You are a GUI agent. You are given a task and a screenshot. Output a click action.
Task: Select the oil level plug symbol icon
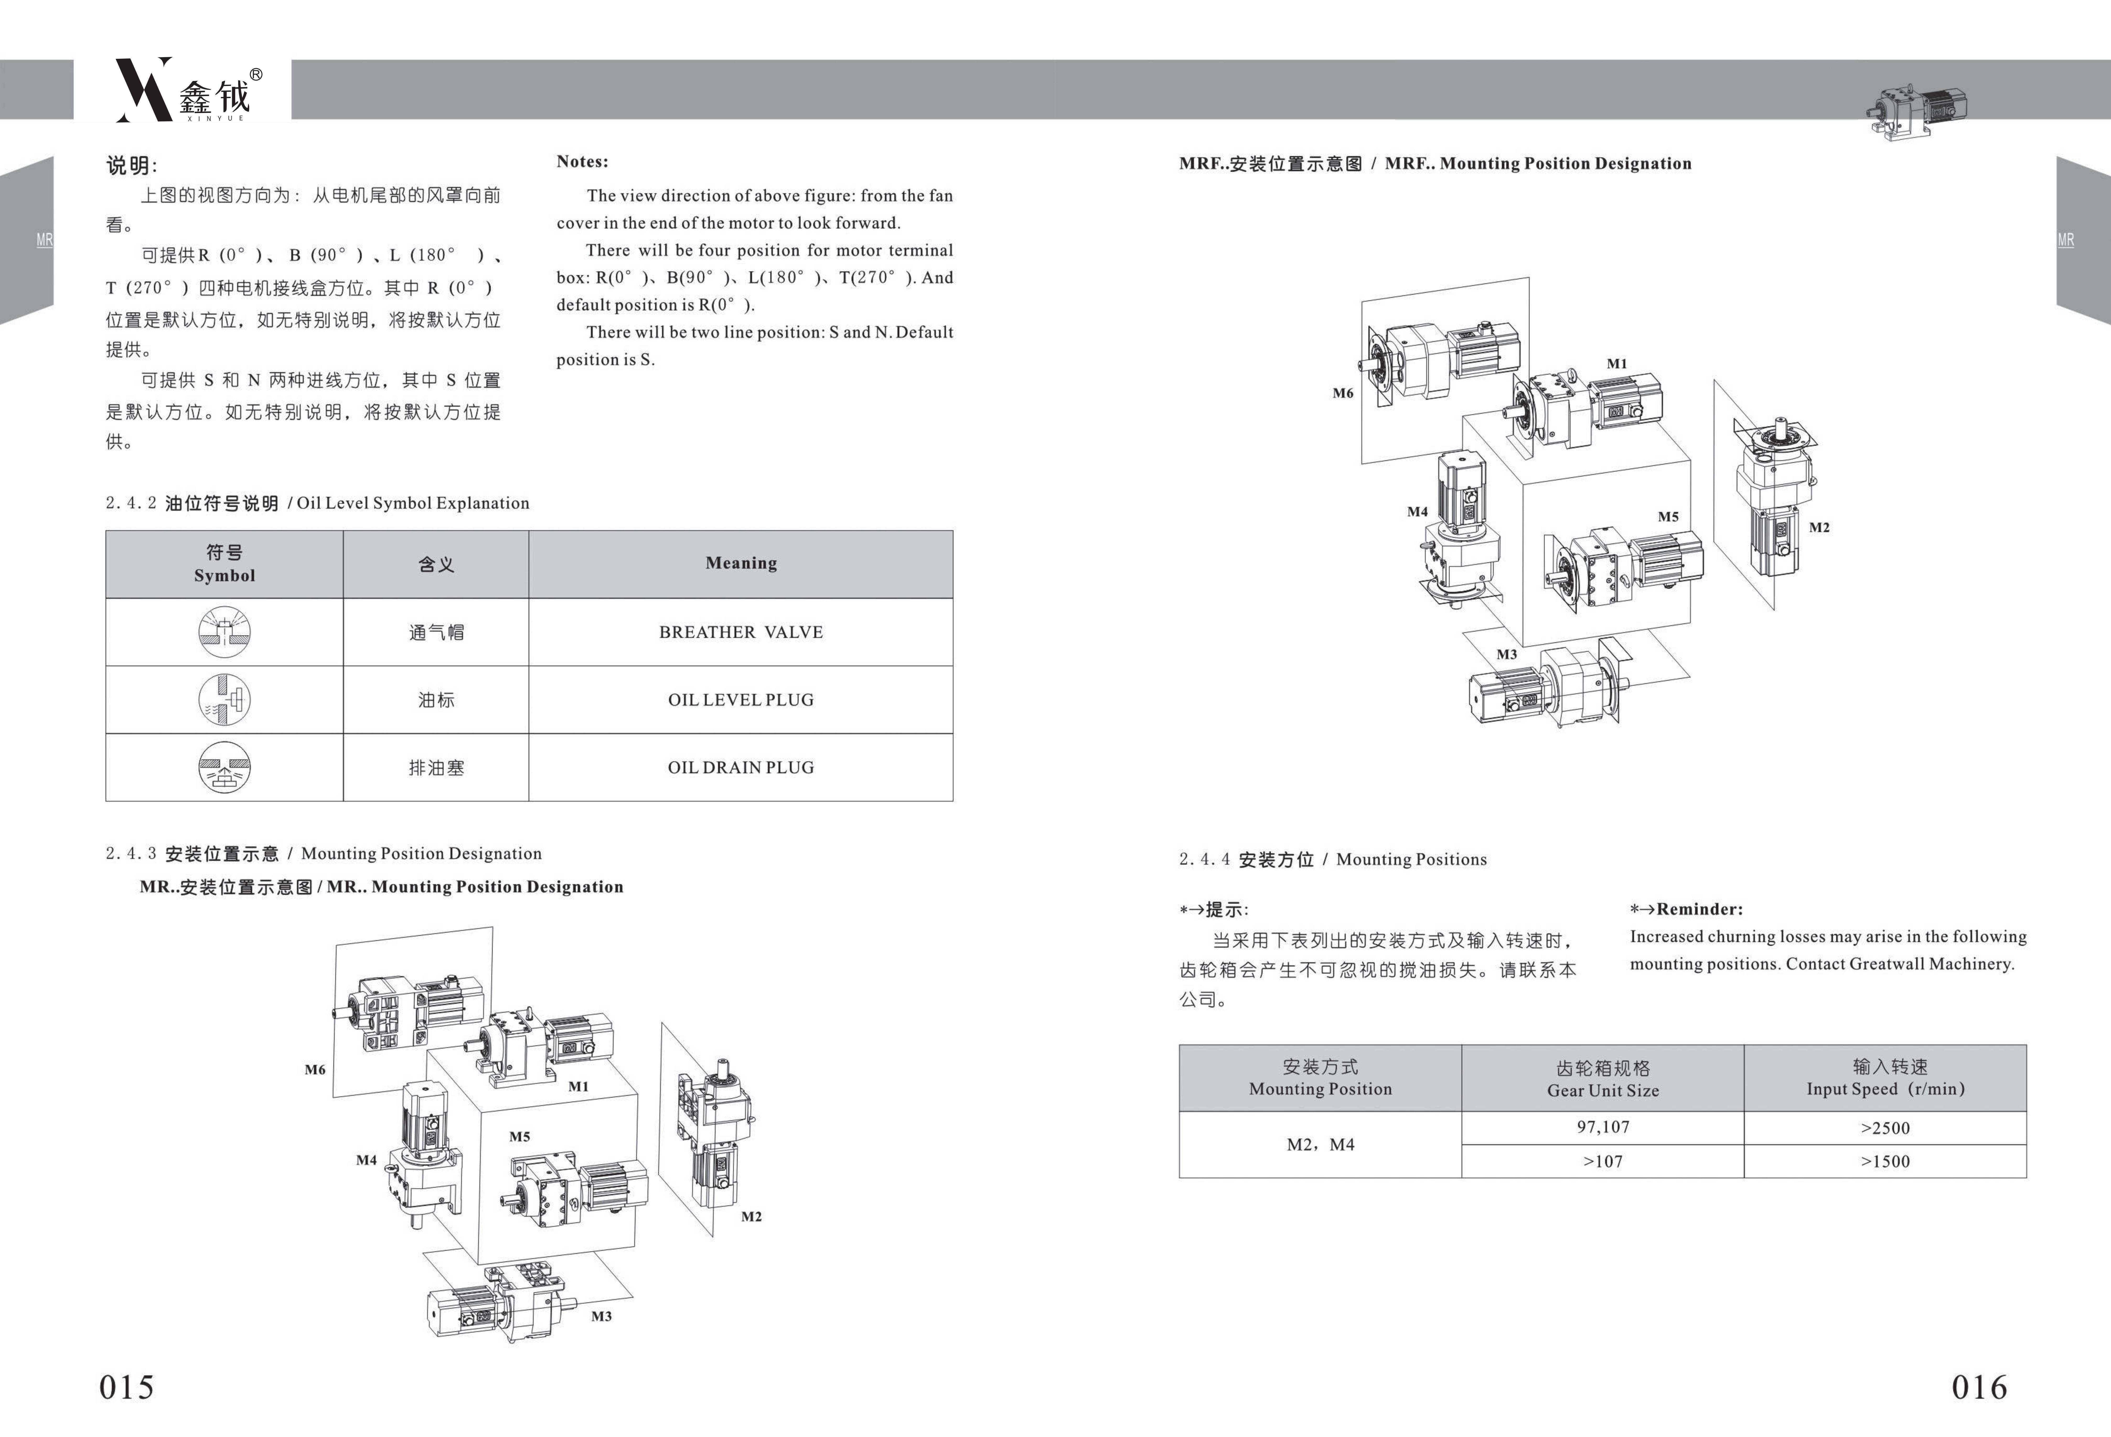coord(224,699)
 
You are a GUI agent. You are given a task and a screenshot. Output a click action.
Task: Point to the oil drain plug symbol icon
coord(224,768)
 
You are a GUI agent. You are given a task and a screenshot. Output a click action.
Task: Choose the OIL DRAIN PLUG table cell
coord(740,768)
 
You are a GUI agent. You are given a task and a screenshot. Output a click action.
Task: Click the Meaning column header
coord(740,563)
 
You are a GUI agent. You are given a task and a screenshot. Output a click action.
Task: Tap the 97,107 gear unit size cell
coord(1602,1127)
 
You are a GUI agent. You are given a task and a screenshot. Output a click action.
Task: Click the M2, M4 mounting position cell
coord(1320,1145)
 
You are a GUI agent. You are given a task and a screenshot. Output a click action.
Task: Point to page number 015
coord(126,1387)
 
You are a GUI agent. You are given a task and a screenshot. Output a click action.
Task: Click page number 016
coord(1979,1387)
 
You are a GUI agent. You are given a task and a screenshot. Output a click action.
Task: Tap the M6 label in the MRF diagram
coord(1343,393)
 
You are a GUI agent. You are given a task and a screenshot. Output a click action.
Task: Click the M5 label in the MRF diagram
coord(1668,517)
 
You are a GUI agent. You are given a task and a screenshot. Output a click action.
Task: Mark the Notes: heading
coord(582,162)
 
